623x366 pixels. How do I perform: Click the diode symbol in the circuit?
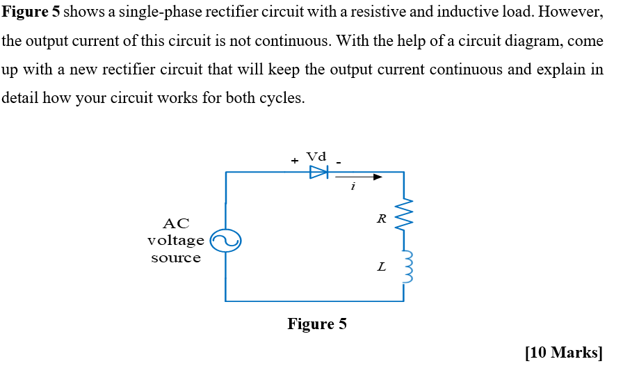click(318, 172)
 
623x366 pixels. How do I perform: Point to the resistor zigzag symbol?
click(404, 217)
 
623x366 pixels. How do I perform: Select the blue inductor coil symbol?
click(406, 266)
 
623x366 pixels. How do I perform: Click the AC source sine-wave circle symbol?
click(225, 241)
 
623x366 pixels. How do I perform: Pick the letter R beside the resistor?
click(381, 218)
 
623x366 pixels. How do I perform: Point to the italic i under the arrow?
click(353, 186)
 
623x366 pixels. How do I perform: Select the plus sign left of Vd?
click(295, 161)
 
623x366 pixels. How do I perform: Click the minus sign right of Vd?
click(340, 161)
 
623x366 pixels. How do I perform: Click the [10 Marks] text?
click(564, 353)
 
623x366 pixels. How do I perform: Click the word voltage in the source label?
click(175, 241)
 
